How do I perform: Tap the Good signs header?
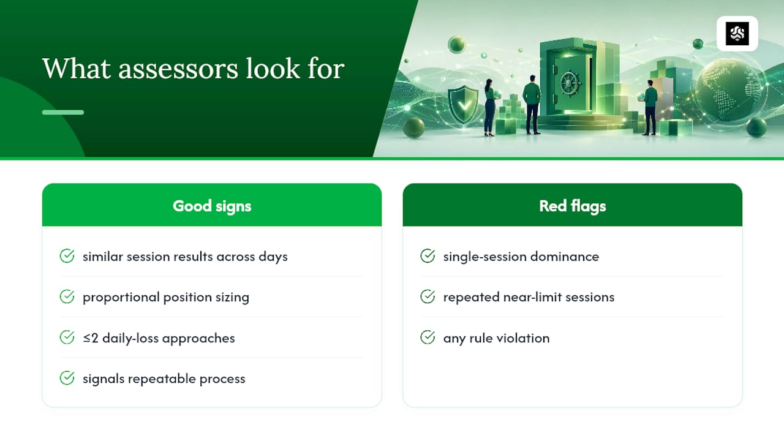tap(212, 206)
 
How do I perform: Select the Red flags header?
tap(572, 206)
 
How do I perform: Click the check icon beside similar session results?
tap(67, 256)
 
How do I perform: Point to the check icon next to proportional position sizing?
tap(67, 296)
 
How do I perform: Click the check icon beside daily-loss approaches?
tap(67, 337)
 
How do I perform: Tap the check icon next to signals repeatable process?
tap(67, 378)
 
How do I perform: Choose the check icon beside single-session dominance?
tap(428, 256)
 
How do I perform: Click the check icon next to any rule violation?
tap(428, 337)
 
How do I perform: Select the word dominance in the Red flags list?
tap(565, 257)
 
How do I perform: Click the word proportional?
tap(121, 298)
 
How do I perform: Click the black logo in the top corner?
tap(737, 34)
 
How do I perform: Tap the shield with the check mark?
tap(463, 104)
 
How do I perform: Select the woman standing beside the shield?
tap(490, 107)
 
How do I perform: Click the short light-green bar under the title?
tap(63, 112)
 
